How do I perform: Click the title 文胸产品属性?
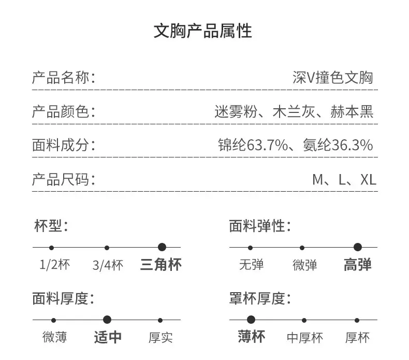[202, 31]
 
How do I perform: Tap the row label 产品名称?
[61, 78]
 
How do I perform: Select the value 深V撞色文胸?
[332, 78]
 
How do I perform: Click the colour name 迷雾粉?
[236, 111]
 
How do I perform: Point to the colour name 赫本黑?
[352, 111]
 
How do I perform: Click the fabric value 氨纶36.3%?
[338, 145]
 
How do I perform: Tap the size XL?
[368, 180]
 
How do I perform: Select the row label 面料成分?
[61, 145]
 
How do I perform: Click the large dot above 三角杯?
[162, 247]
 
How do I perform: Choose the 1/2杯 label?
[54, 265]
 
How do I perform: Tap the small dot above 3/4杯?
[107, 248]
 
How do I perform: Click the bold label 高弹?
[357, 265]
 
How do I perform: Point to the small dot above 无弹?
[250, 248]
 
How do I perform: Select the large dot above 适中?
[107, 320]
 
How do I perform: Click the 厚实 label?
[160, 338]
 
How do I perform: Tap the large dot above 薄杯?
[251, 320]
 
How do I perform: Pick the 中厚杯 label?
[304, 338]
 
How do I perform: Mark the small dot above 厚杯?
[357, 320]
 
